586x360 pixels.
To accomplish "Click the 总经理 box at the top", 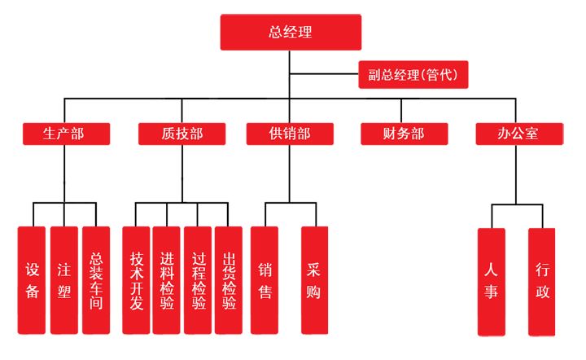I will pyautogui.click(x=291, y=33).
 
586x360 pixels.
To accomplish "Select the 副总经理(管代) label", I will pyautogui.click(x=413, y=76).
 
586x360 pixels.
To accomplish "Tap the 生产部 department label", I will pyautogui.click(x=63, y=134).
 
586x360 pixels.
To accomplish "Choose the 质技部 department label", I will pyautogui.click(x=182, y=134).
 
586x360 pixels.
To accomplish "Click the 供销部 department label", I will pyautogui.click(x=290, y=134).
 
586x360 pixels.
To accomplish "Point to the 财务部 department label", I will pyautogui.click(x=404, y=134).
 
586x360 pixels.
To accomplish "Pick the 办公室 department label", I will pyautogui.click(x=518, y=134).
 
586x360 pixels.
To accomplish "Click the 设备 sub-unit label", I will pyautogui.click(x=33, y=281).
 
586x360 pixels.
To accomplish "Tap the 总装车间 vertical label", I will pyautogui.click(x=96, y=281).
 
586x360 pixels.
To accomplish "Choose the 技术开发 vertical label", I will pyautogui.click(x=137, y=281).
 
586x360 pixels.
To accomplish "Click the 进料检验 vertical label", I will pyautogui.click(x=168, y=281).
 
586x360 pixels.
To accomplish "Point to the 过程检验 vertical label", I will pyautogui.click(x=199, y=281).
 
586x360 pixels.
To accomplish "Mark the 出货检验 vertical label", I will pyautogui.click(x=230, y=281).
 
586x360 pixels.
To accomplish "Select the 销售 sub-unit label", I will pyautogui.click(x=265, y=281).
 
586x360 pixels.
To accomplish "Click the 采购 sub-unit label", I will pyautogui.click(x=313, y=281).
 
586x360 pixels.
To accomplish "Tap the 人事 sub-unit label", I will pyautogui.click(x=491, y=281).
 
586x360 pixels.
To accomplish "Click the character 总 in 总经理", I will pyautogui.click(x=276, y=33).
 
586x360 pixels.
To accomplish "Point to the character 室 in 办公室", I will pyautogui.click(x=531, y=134).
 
